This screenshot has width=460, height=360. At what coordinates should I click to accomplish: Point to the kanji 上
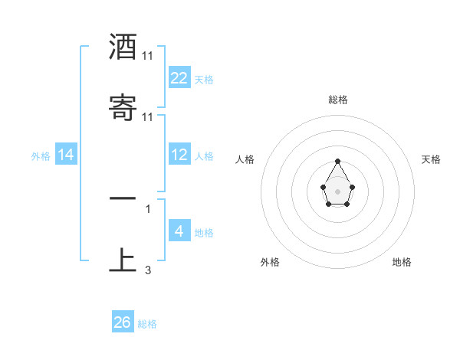tap(123, 259)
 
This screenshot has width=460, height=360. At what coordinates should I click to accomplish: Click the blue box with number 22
tap(179, 78)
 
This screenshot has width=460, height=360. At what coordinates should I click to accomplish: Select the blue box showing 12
tap(179, 155)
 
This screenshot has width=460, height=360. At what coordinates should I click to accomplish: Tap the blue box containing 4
tap(179, 231)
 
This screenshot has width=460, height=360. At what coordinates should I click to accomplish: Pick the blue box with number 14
tap(66, 155)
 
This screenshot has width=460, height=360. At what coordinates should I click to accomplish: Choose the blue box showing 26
tap(123, 322)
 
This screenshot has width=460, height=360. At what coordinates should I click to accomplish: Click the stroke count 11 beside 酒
tap(148, 56)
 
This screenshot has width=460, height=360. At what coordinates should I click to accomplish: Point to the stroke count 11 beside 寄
tap(148, 116)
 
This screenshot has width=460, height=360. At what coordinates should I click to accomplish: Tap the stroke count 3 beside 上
tap(148, 270)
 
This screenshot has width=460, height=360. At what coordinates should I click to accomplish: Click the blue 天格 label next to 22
tap(204, 79)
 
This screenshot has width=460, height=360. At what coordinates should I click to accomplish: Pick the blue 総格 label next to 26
tap(147, 324)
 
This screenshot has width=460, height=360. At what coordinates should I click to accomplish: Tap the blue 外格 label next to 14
tap(41, 155)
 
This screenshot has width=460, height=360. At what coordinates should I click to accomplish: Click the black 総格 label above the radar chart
tap(338, 100)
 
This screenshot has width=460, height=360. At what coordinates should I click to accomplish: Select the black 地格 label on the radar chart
tap(402, 262)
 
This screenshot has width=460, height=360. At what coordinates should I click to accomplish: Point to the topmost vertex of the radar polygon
tap(337, 161)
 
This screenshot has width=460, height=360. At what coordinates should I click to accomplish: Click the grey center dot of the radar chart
tap(337, 190)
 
